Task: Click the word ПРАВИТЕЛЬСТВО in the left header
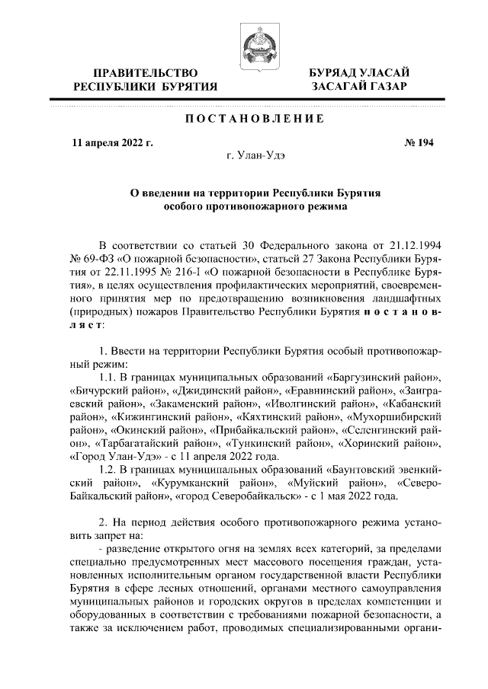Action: (145, 72)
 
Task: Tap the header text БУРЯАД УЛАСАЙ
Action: (358, 72)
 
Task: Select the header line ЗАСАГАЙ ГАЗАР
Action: (358, 87)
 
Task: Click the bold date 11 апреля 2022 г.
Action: (112, 142)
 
